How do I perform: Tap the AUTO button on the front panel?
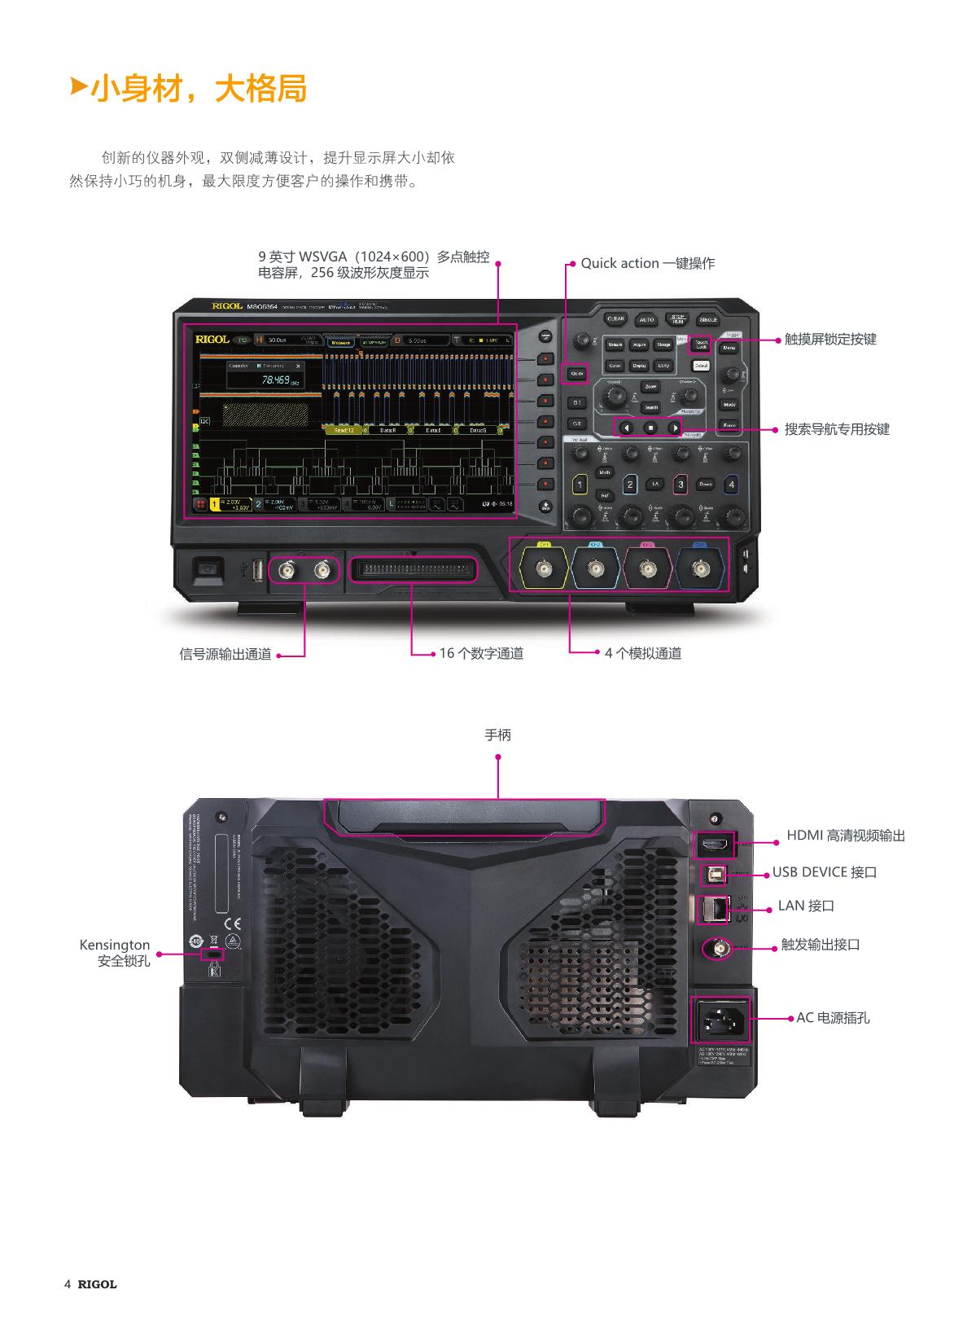tap(646, 320)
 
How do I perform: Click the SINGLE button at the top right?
tap(708, 320)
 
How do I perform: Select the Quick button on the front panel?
tap(576, 374)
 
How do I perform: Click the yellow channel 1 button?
tap(580, 485)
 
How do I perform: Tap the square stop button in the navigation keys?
tap(650, 428)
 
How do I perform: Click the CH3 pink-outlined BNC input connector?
tap(648, 568)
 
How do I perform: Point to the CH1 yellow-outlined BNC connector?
tap(544, 568)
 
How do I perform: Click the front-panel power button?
tap(207, 569)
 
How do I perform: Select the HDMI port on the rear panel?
tap(714, 845)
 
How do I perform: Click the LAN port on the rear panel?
tap(713, 909)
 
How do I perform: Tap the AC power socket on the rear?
tap(720, 1019)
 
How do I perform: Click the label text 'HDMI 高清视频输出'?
tap(845, 836)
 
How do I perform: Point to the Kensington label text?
tap(115, 945)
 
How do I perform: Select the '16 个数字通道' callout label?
tap(480, 653)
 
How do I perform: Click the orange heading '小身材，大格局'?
tap(199, 89)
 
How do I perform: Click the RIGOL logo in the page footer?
tap(97, 1284)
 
